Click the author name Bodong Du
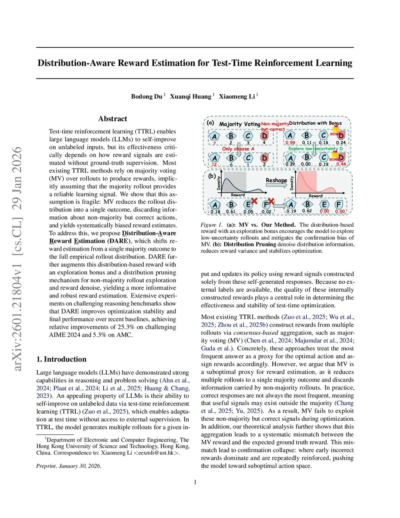pyautogui.click(x=146, y=97)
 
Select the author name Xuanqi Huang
pyautogui.click(x=190, y=97)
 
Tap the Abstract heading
pyautogui.click(x=112, y=119)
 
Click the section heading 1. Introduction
pyautogui.click(x=61, y=359)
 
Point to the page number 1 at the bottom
pyautogui.click(x=195, y=482)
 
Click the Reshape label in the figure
pyautogui.click(x=276, y=180)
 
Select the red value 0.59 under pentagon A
pyautogui.click(x=290, y=143)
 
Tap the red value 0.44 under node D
pyautogui.click(x=341, y=164)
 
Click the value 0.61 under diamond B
pyautogui.click(x=231, y=212)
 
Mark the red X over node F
pyautogui.click(x=271, y=201)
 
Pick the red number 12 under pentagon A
pyautogui.click(x=214, y=165)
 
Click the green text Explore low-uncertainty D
pyautogui.click(x=316, y=149)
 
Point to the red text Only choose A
pyautogui.click(x=238, y=149)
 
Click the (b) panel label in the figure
pyautogui.click(x=212, y=176)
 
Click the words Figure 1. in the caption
pyautogui.click(x=211, y=225)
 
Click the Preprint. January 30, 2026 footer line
pyautogui.click(x=69, y=466)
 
